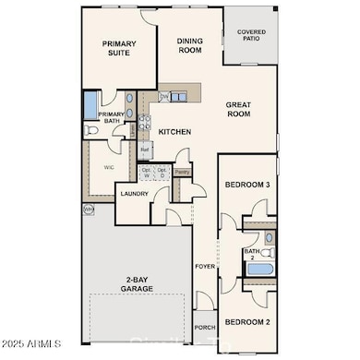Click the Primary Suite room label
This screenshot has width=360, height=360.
coord(119,48)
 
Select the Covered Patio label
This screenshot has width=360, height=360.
coord(251,34)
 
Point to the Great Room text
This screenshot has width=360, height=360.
coord(239,110)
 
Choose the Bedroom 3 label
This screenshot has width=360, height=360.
coord(246,186)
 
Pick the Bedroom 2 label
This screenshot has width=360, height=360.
coord(246,322)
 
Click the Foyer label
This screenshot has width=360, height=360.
coord(205,267)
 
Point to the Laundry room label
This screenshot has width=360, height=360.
coord(134,195)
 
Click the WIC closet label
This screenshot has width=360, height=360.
coord(109,167)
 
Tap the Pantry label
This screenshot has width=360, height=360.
coord(182,172)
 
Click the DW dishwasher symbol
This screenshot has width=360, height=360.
coord(164,97)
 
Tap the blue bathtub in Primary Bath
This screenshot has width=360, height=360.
coord(90,105)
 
